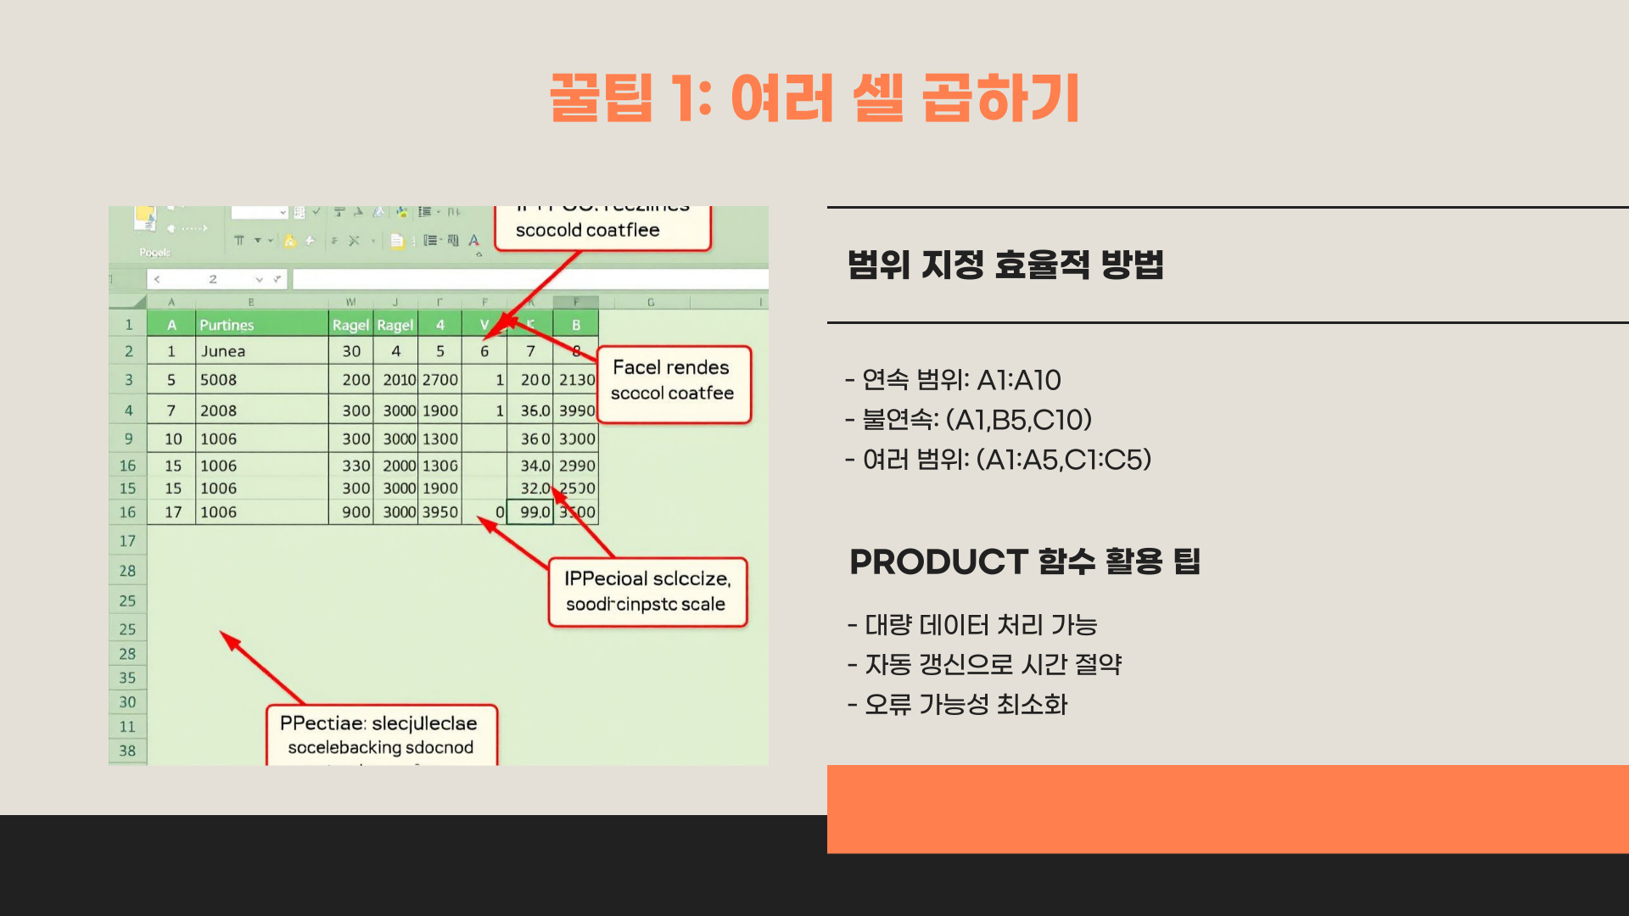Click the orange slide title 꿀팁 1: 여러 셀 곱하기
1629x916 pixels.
814,98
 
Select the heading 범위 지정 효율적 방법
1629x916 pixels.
1005,265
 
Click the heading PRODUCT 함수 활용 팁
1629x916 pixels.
1024,561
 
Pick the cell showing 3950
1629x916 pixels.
440,512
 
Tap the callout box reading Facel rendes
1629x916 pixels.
673,381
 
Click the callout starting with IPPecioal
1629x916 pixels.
647,591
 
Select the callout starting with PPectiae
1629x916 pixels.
381,734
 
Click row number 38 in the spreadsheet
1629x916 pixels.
127,751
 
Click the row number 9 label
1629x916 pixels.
129,439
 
